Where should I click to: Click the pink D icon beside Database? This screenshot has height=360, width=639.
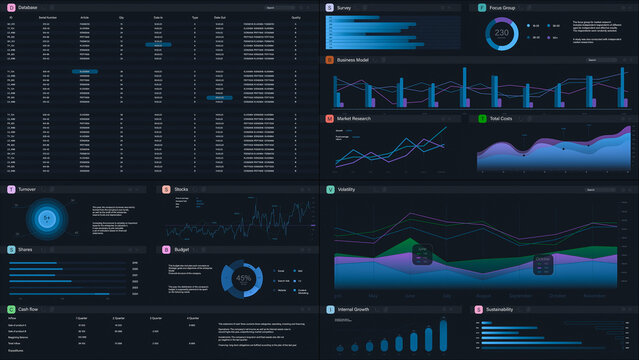point(11,7)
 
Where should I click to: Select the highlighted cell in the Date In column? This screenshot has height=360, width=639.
point(158,45)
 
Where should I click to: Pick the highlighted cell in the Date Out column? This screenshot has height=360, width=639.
point(220,97)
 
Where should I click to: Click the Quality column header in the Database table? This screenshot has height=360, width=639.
point(295,18)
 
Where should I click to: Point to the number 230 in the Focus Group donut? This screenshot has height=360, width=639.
point(502,33)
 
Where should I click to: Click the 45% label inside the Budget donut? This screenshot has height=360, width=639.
point(243,278)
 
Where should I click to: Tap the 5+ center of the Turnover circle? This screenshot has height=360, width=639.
point(46,217)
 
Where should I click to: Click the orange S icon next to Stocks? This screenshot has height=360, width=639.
point(166,189)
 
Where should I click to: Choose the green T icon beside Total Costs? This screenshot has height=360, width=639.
point(481,119)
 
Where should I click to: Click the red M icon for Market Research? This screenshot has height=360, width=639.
point(330,119)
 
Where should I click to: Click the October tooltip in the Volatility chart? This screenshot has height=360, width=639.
point(543,263)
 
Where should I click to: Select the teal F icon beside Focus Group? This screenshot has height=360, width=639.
point(481,7)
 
